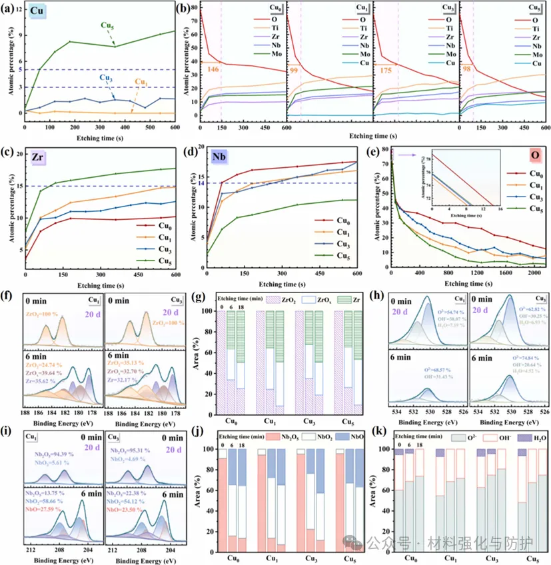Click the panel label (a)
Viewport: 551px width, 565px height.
(x=9, y=11)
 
